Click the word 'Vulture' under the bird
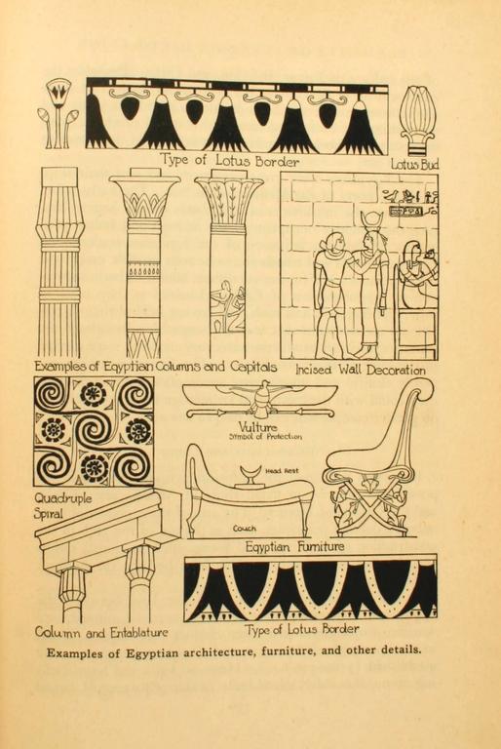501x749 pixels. [258, 427]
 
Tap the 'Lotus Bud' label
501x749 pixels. [414, 164]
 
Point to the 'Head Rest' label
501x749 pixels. [282, 470]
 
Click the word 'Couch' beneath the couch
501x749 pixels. [244, 529]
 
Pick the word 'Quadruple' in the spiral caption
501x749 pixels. [62, 499]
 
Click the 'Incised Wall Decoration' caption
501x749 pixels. [360, 370]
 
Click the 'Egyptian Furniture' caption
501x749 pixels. [294, 546]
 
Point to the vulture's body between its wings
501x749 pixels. [261, 399]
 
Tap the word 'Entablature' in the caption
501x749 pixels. [139, 633]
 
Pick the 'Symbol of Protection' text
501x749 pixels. [265, 437]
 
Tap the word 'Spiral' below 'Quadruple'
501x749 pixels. [48, 515]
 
